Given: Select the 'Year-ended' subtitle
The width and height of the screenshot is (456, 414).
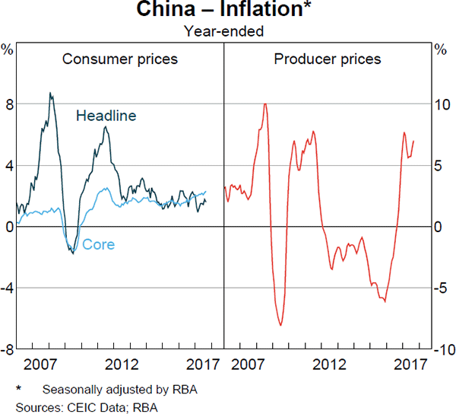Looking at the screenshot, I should pos(225,31).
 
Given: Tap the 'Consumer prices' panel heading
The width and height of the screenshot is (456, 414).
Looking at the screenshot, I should pos(120,59).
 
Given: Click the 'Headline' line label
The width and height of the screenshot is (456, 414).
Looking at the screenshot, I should pos(106,116).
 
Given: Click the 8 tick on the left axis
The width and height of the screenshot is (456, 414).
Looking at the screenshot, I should pos(8,104).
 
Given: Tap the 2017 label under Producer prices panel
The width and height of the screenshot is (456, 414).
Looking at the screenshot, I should pos(413,364).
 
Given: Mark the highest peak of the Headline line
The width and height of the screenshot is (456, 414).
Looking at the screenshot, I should pos(50,94).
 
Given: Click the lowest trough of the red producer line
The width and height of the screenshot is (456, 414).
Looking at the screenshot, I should pos(281,325).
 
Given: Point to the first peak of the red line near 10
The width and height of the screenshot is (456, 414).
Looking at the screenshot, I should pos(264,103).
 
